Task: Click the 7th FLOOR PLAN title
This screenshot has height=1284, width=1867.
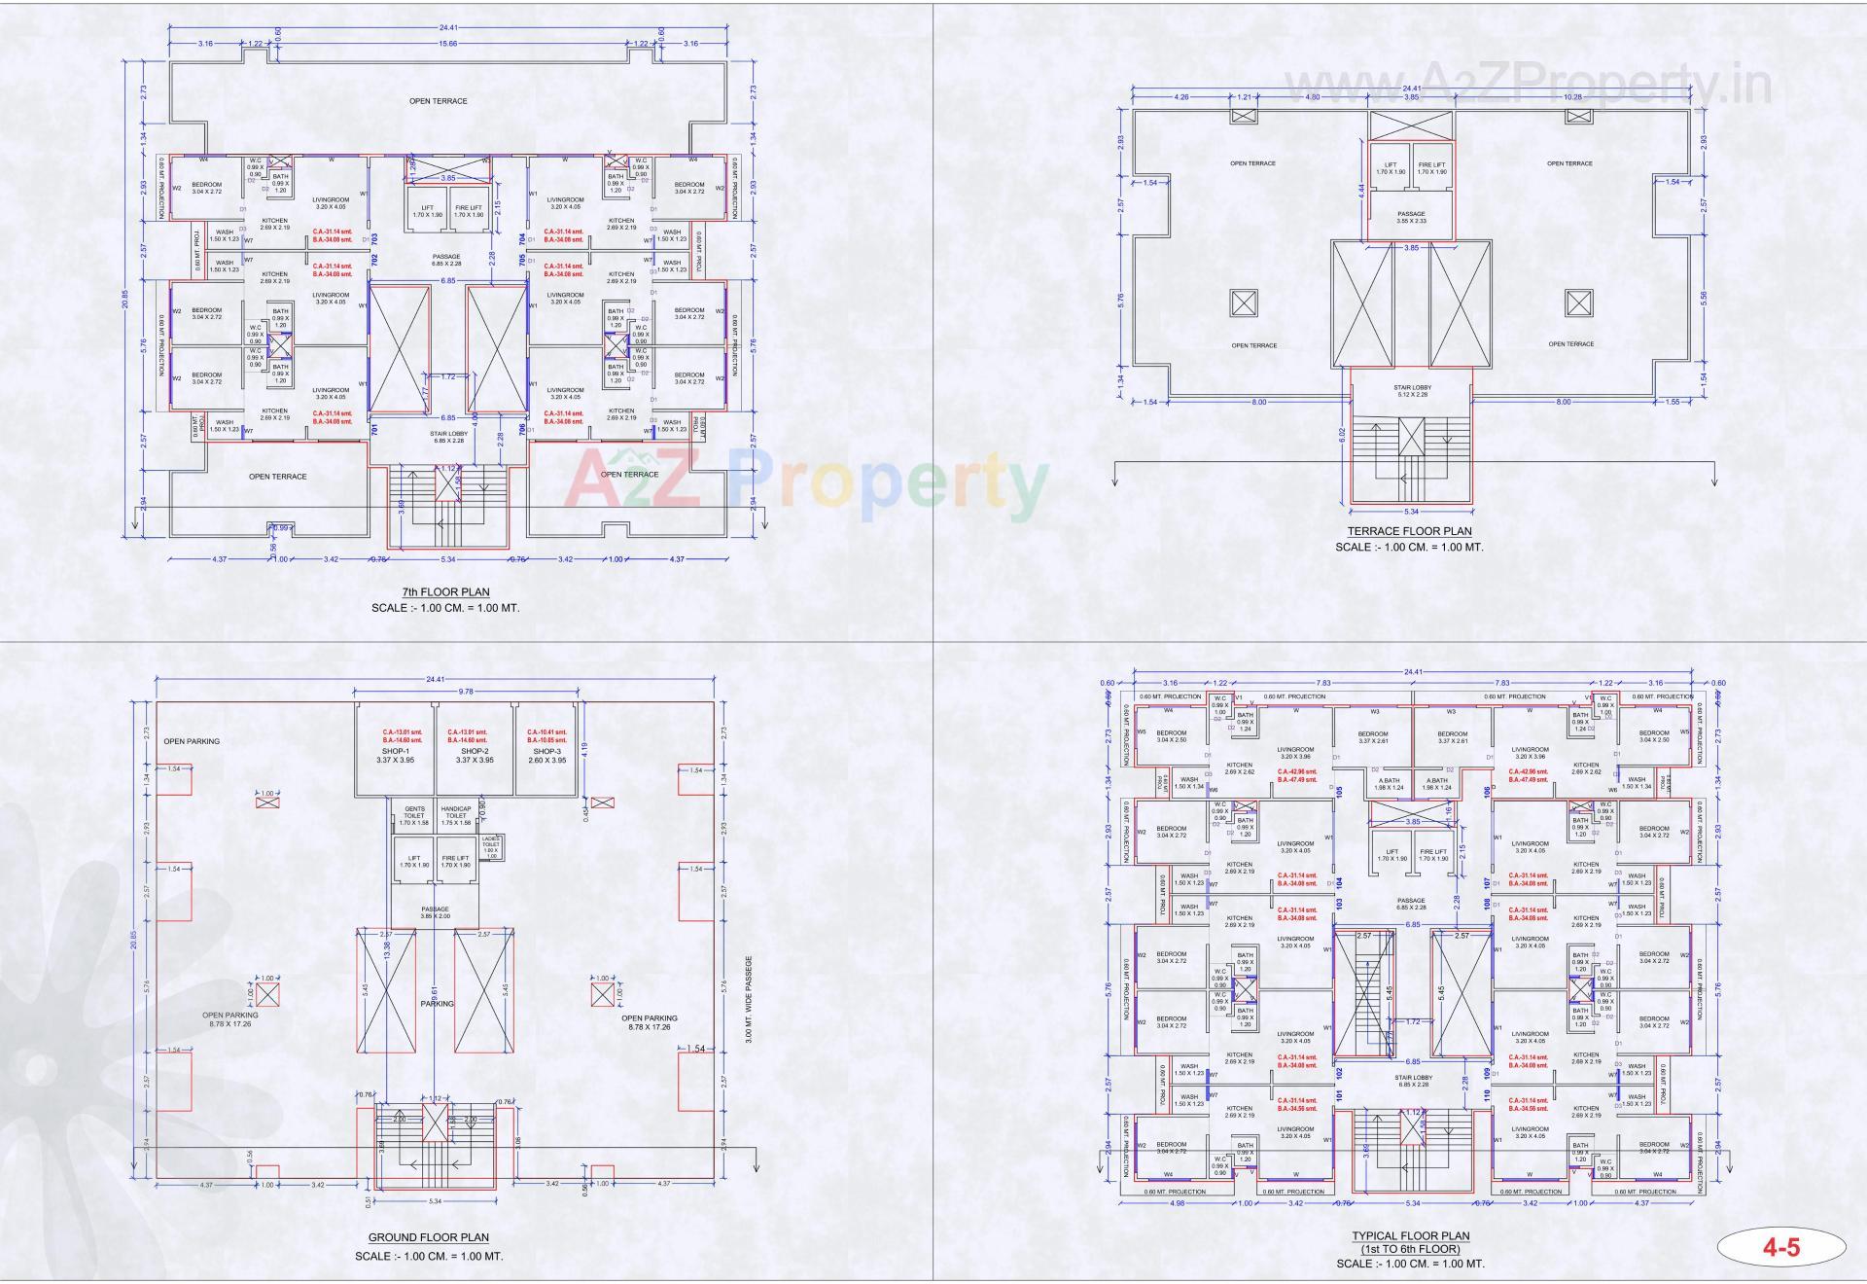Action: click(445, 591)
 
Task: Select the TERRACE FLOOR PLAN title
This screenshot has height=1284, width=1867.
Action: click(1409, 531)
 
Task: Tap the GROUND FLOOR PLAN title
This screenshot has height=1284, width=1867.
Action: click(428, 1237)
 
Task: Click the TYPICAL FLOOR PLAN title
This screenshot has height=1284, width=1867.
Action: click(1410, 1236)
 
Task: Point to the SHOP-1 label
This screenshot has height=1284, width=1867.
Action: click(395, 751)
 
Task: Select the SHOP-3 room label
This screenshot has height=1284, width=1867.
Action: click(546, 751)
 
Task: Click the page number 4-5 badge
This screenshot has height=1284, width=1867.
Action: click(1781, 1248)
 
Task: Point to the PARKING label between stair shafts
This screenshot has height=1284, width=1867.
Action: click(437, 1004)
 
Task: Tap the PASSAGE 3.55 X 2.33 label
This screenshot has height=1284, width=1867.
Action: click(1411, 217)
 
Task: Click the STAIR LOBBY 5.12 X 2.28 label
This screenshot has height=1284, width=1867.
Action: click(1411, 391)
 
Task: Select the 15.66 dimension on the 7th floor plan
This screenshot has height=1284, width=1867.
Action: click(448, 44)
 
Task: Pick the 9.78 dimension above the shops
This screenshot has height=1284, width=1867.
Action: click(466, 692)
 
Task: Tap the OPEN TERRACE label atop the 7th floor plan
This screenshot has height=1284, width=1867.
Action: click(438, 101)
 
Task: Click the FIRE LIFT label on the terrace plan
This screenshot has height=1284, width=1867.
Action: click(1431, 167)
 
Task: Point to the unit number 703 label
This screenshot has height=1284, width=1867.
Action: click(374, 237)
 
